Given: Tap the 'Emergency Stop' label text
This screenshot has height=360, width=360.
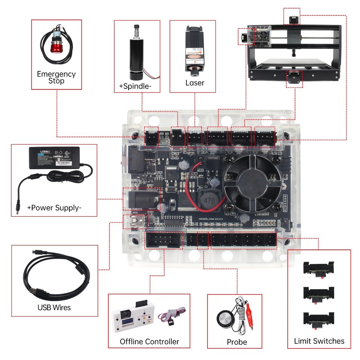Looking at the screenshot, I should coord(56,77).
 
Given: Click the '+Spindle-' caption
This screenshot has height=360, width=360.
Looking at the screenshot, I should coord(135,86).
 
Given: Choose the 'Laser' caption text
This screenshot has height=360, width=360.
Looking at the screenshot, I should coord(195,83).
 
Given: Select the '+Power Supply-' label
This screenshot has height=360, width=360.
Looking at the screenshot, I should coord(54,208).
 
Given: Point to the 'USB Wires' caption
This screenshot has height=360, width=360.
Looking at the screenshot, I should coord(54,307).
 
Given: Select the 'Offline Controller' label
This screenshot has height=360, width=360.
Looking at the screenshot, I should coord(149,342).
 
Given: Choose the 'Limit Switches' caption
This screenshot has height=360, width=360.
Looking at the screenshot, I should coord(319,341).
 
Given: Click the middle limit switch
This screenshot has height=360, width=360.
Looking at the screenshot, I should coord(318,294).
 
